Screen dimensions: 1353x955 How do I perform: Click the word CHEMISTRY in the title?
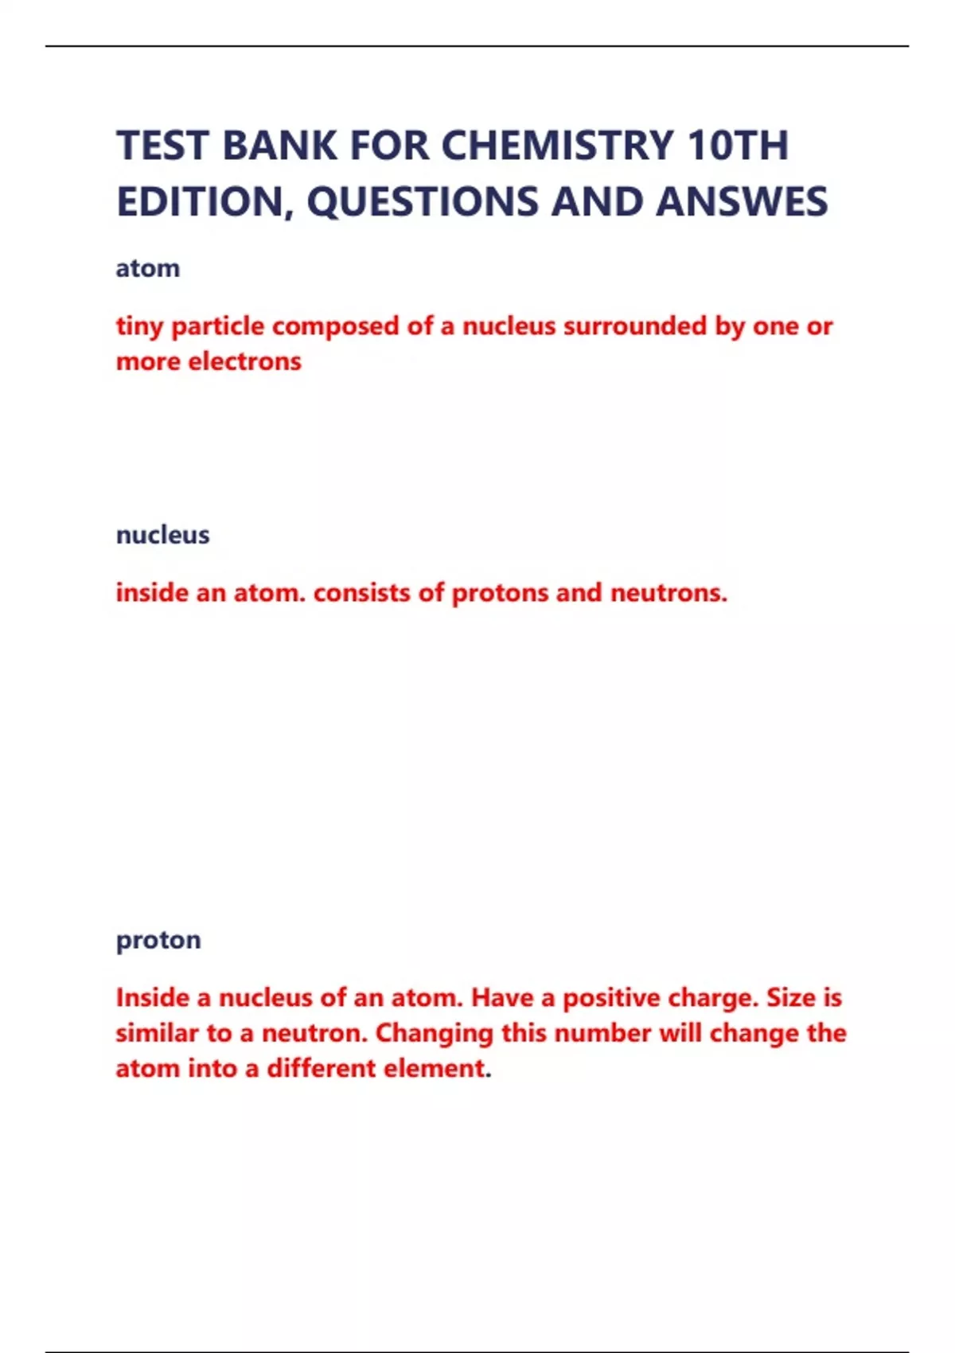(x=557, y=146)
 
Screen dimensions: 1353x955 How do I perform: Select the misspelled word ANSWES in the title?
(x=742, y=201)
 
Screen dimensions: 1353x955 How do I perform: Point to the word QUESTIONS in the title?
(x=424, y=201)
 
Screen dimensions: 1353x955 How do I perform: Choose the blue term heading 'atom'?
(x=148, y=268)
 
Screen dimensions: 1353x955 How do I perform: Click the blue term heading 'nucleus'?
(x=163, y=535)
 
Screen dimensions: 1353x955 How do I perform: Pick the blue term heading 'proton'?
(x=158, y=940)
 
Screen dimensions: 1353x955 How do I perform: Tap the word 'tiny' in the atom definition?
(x=139, y=326)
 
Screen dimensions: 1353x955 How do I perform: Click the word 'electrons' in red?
(x=245, y=361)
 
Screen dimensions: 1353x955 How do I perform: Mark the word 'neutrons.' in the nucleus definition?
(x=668, y=593)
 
